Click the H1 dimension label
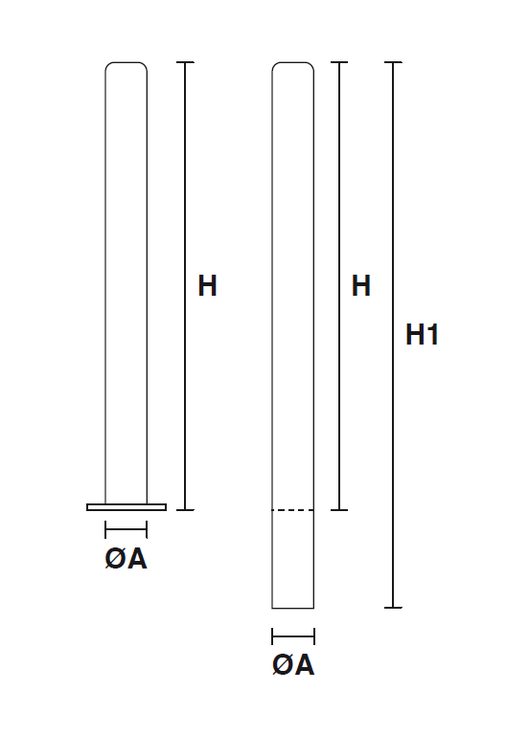pos(422,335)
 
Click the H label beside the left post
pos(207,285)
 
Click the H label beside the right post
pos(360,285)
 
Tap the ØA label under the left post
pos(126,559)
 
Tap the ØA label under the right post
pos(293,665)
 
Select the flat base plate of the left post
pos(126,507)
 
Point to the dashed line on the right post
pos(292,510)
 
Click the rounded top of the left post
pos(126,63)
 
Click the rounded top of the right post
pos(292,63)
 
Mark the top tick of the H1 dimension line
pos(393,62)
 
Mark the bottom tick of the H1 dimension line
pos(393,608)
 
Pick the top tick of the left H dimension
pos(185,62)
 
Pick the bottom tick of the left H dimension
pos(185,510)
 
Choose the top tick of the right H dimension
pos(339,62)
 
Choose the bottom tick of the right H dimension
pos(339,510)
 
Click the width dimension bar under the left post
pos(126,529)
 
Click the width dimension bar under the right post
pos(293,636)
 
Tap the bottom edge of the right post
pos(292,608)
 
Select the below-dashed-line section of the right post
pos(292,559)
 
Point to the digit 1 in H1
pos(433,335)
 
